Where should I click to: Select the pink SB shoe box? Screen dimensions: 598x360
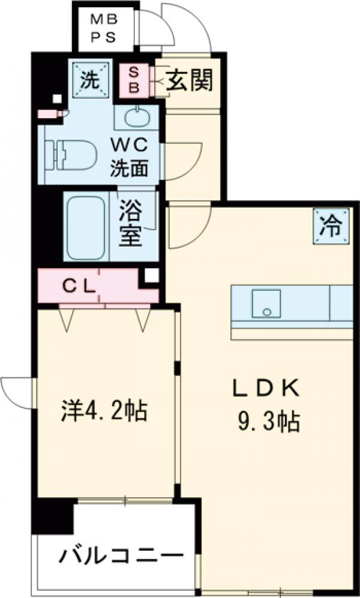135,80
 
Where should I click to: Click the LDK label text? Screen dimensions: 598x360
266,389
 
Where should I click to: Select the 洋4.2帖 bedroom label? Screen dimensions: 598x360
104,411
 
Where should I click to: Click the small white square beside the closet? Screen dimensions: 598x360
151,275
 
